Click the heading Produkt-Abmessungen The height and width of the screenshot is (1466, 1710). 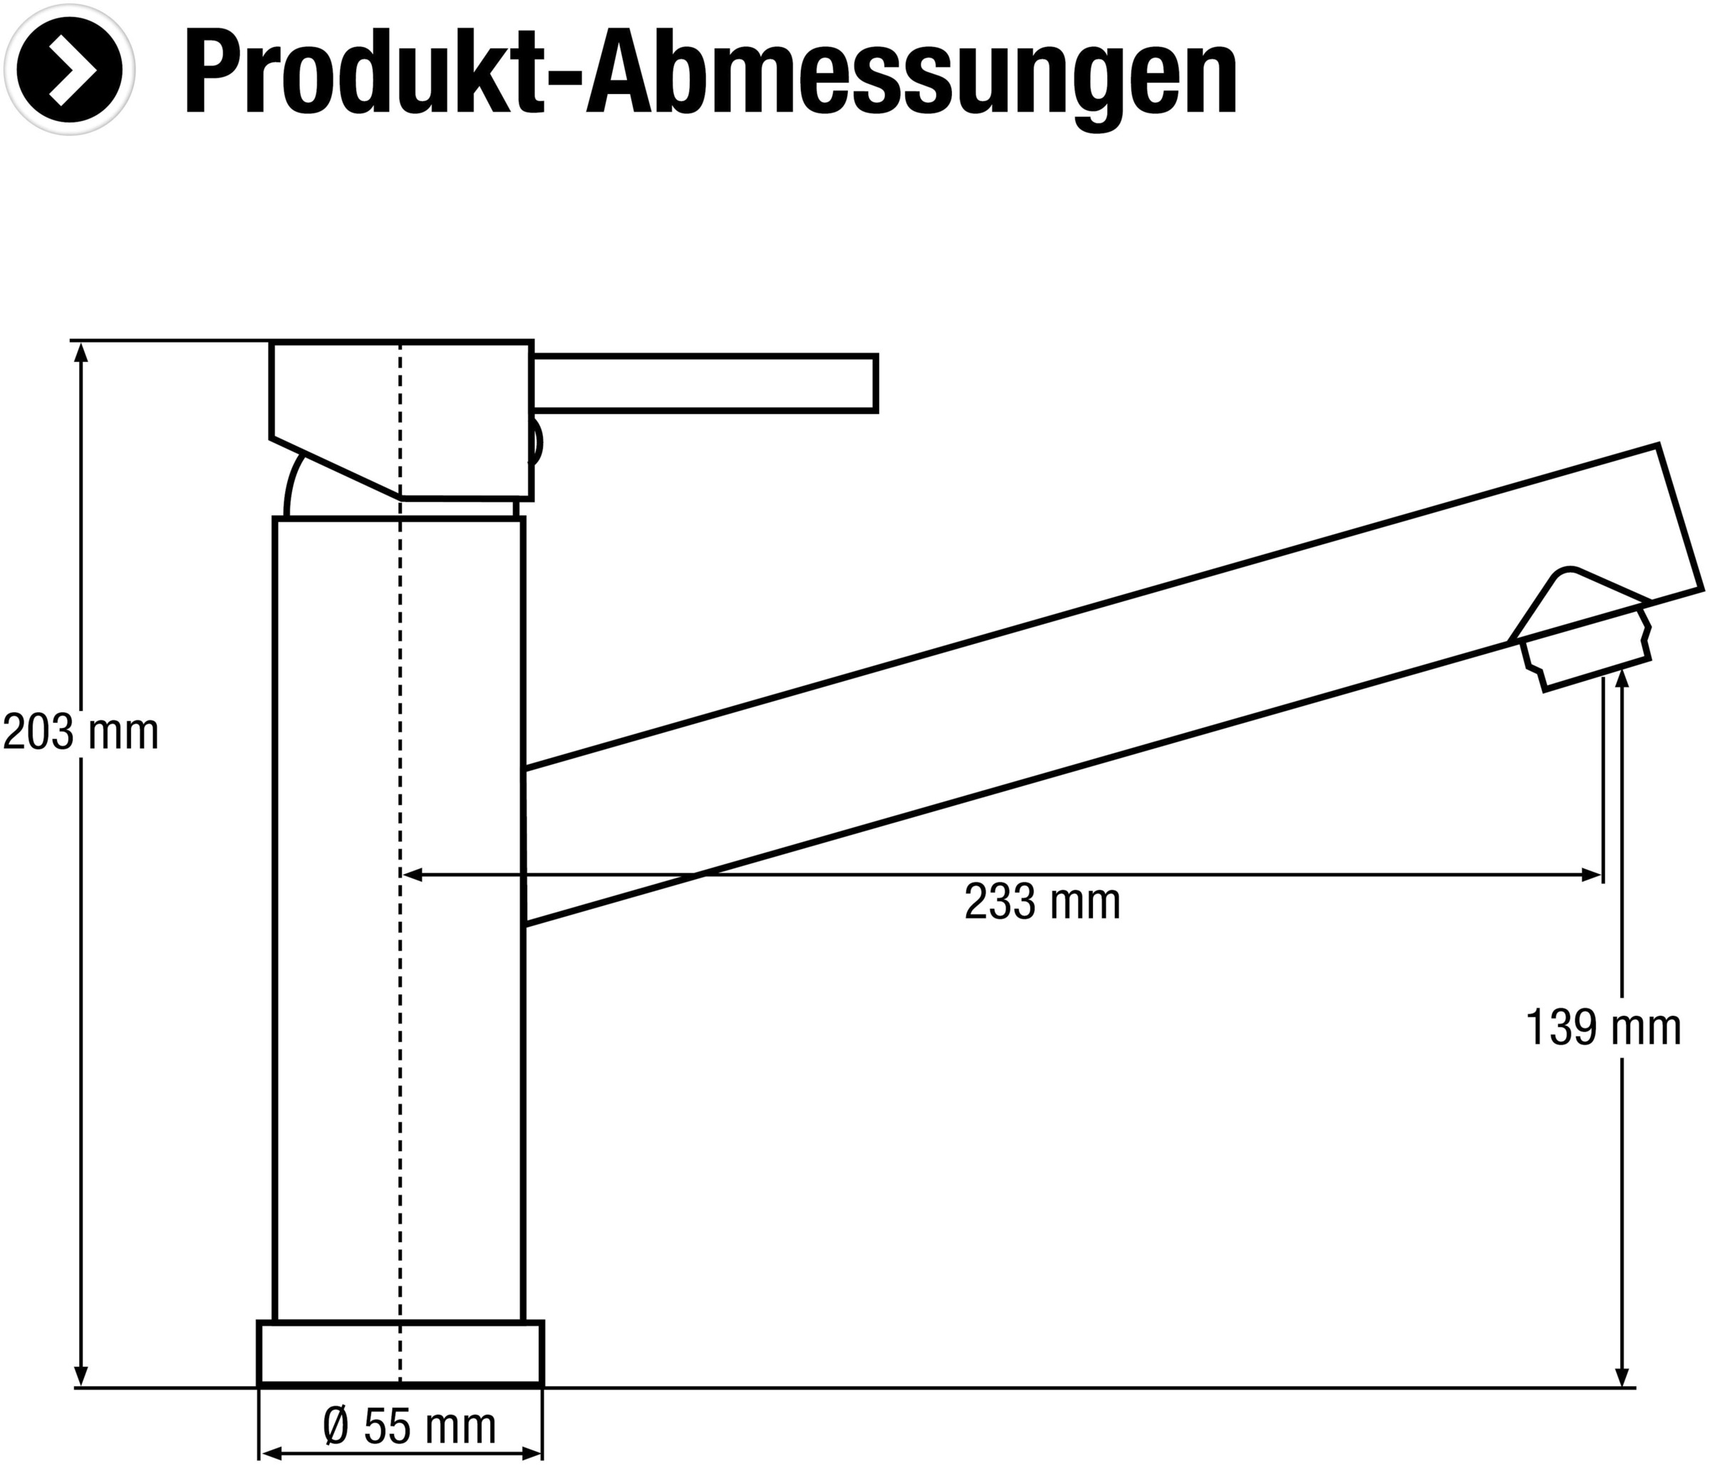click(710, 73)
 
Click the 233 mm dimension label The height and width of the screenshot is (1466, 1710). click(1042, 902)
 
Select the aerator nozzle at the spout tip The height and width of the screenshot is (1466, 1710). click(1585, 652)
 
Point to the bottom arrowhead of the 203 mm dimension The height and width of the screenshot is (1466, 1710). click(81, 1376)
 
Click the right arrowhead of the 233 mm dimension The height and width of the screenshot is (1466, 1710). click(1591, 875)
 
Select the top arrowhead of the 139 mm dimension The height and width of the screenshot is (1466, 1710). click(1622, 677)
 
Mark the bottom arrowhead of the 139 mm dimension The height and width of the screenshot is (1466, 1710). click(1622, 1376)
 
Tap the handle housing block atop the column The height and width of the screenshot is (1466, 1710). click(401, 412)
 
